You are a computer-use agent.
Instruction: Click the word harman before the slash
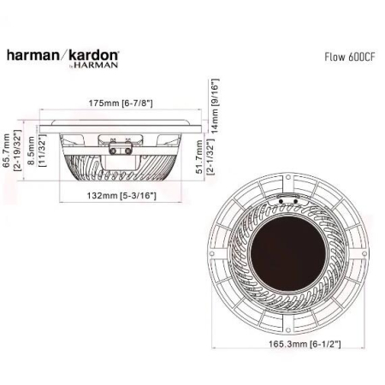tap(33, 56)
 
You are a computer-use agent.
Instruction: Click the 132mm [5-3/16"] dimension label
tap(121, 194)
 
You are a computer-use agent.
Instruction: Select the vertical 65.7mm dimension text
tap(7, 151)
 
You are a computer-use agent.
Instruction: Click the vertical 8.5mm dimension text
tap(31, 151)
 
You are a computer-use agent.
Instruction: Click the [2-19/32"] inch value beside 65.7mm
tap(18, 151)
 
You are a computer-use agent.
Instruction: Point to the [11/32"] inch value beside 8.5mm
tap(42, 151)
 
